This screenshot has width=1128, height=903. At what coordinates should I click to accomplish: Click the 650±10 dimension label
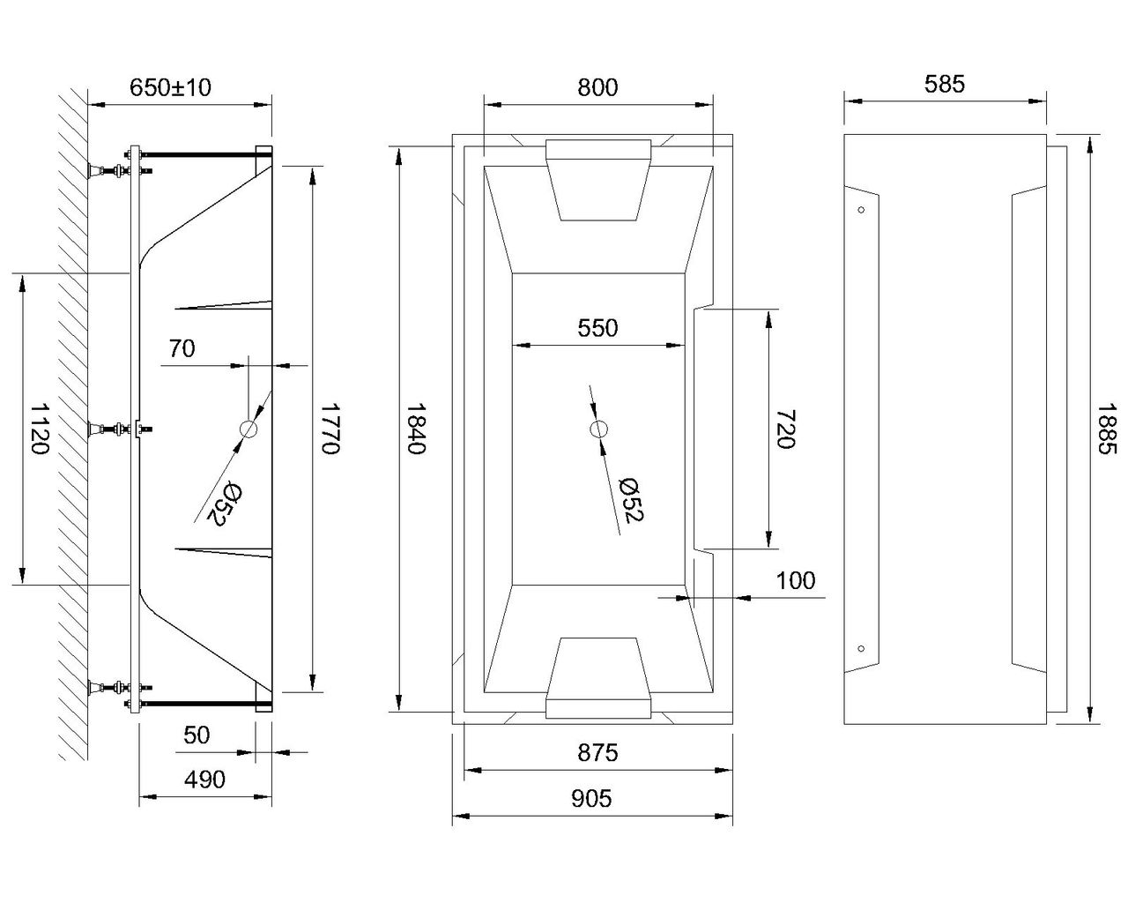[x=170, y=87]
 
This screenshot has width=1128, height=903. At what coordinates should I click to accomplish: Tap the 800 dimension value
[x=597, y=87]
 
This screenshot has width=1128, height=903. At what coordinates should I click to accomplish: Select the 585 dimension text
[x=944, y=84]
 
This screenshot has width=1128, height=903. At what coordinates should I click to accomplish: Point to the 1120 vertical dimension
[x=40, y=429]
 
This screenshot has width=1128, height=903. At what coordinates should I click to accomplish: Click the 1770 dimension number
[x=330, y=429]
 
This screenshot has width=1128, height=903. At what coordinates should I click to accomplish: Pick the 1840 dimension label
[x=417, y=429]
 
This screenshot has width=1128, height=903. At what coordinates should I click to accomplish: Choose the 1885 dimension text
[x=1107, y=429]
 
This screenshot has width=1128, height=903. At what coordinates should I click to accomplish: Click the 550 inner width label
[x=597, y=328]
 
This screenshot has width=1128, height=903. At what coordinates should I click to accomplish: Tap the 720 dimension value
[x=785, y=429]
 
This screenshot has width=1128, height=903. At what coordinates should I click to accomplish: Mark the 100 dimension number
[x=795, y=581]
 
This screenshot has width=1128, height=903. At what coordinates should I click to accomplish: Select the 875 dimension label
[x=597, y=753]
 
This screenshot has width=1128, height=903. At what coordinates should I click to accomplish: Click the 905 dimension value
[x=591, y=799]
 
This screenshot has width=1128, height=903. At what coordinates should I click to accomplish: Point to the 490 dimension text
[x=204, y=780]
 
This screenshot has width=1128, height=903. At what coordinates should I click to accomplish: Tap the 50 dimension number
[x=197, y=735]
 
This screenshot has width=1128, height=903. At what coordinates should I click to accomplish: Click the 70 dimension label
[x=182, y=348]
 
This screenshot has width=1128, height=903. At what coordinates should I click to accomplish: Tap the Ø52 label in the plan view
[x=631, y=500]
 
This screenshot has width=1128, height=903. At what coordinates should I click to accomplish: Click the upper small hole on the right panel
[x=861, y=210]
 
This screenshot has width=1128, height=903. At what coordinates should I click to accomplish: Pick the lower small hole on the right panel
[x=861, y=648]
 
